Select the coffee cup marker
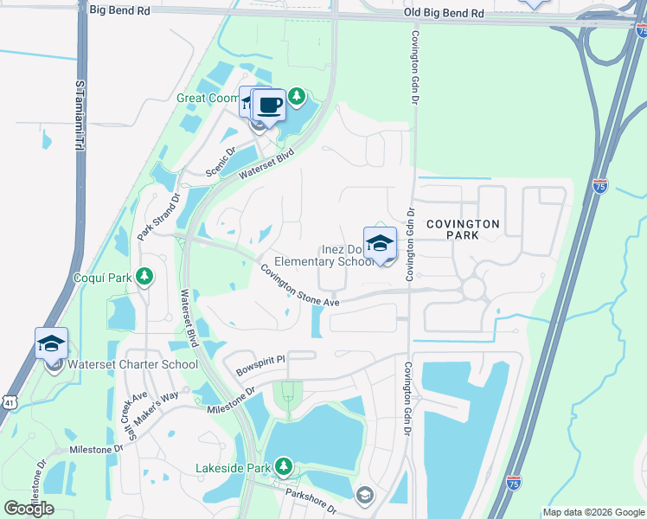pyautogui.click(x=269, y=106)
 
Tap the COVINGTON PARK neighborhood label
pyautogui.click(x=473, y=229)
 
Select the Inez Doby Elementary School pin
pyautogui.click(x=380, y=244)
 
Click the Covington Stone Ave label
pyautogui.click(x=300, y=285)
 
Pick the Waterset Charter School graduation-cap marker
pyautogui.click(x=51, y=344)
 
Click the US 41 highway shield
pyautogui.click(x=8, y=402)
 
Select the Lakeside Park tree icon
pyautogui.click(x=282, y=467)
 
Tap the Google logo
pyautogui.click(x=29, y=509)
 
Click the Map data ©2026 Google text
pyautogui.click(x=593, y=512)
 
